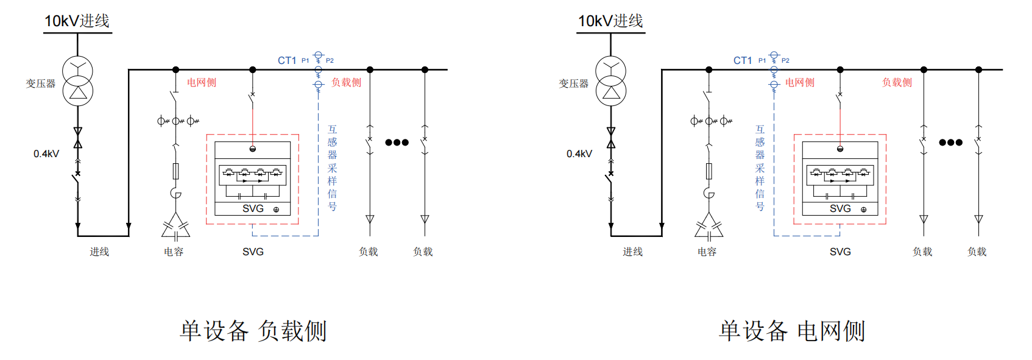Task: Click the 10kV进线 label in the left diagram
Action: (x=77, y=21)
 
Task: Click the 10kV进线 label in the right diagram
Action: (x=610, y=21)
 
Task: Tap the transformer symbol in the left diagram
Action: (x=78, y=81)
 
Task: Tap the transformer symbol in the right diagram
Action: (x=611, y=81)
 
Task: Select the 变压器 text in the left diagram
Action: (x=41, y=83)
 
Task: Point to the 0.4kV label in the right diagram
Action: (x=579, y=154)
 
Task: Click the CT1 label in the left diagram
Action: (x=286, y=60)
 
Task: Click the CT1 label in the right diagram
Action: (x=742, y=60)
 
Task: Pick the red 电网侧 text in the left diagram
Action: (x=201, y=82)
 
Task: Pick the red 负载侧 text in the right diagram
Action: (x=897, y=82)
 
